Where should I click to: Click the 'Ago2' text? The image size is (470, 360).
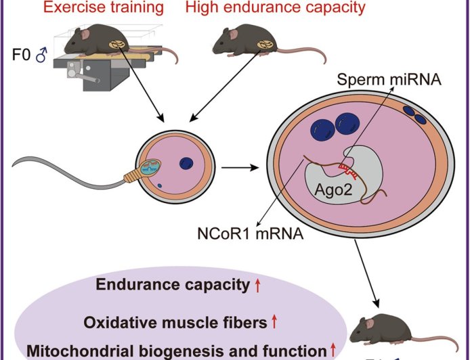333,191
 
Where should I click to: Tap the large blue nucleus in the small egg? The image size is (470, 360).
187,163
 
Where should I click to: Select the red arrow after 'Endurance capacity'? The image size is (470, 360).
258,286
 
